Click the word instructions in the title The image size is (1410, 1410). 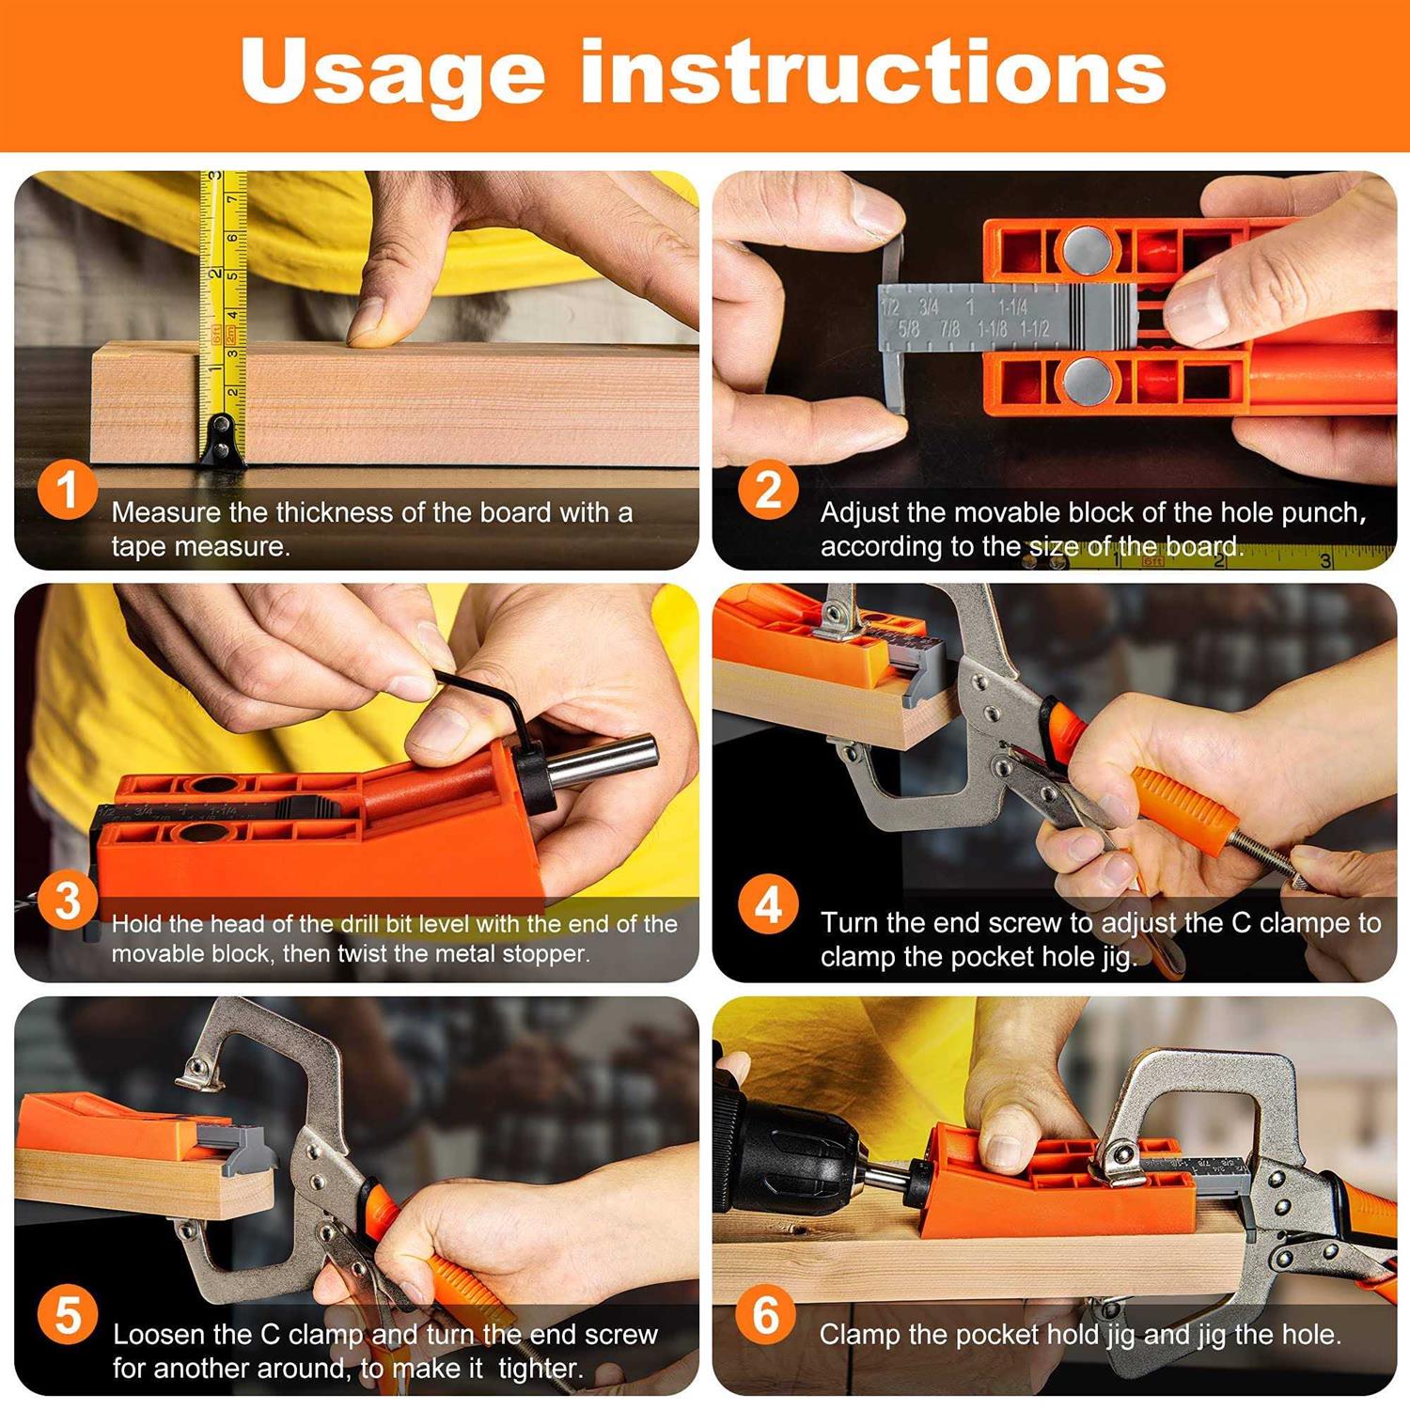(x=873, y=71)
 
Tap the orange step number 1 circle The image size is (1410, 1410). (x=67, y=490)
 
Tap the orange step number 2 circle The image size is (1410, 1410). (x=768, y=490)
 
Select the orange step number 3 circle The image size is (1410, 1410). (x=67, y=901)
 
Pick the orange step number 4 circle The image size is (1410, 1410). (x=768, y=904)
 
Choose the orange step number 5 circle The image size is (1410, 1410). (x=67, y=1315)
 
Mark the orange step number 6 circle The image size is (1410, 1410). (x=766, y=1313)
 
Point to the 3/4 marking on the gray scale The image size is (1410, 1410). (x=929, y=307)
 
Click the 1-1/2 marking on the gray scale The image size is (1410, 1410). (x=1034, y=329)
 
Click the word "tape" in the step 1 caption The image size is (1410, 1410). (x=134, y=547)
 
